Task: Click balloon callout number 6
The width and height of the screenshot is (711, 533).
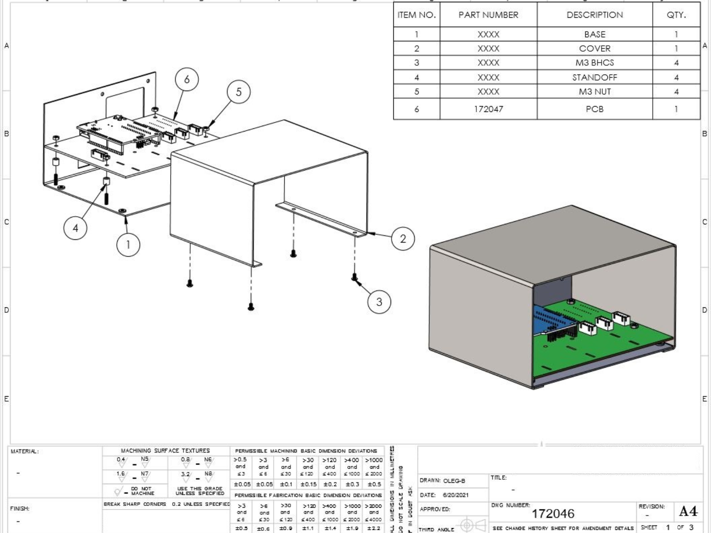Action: tap(187, 79)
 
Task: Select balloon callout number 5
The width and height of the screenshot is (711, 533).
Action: tap(239, 92)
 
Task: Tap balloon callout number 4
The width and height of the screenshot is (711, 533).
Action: tap(75, 228)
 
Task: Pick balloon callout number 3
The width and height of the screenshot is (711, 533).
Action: tap(379, 302)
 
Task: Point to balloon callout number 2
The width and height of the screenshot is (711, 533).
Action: tap(403, 239)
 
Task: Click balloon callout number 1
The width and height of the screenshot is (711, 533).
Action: tap(128, 244)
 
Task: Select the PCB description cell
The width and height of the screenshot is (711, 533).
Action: tap(594, 109)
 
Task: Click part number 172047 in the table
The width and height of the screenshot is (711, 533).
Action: tap(488, 109)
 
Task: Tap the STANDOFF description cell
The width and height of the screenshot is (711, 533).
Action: tap(594, 77)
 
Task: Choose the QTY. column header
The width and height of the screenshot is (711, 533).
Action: tap(676, 15)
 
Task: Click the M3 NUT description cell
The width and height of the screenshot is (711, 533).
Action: tap(594, 91)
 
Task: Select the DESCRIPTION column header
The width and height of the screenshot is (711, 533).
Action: tap(594, 15)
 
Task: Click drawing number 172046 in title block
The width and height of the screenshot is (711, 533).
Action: tap(553, 513)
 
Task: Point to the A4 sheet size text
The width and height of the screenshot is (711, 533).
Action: tap(688, 511)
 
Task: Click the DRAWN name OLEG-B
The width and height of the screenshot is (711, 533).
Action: tap(454, 481)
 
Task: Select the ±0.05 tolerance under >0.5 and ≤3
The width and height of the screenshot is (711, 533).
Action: tap(242, 484)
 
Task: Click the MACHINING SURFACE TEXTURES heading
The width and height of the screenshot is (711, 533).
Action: tap(165, 450)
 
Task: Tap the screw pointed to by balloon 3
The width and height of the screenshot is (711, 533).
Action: tap(354, 277)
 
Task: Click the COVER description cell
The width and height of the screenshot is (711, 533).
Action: tap(594, 48)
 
